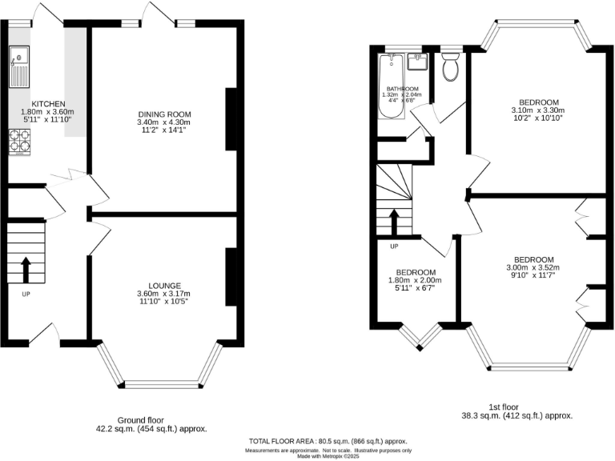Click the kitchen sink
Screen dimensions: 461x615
point(19,66)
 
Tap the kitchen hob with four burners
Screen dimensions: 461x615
point(19,142)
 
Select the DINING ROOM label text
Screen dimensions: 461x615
point(164,114)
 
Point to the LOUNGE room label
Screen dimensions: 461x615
point(164,286)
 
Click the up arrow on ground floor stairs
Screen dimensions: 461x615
point(25,271)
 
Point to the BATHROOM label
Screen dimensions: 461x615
point(402,89)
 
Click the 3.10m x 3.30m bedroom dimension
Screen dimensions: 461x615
point(538,110)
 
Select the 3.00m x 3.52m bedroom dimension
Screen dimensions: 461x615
point(533,268)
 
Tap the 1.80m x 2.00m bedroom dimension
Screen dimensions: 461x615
point(416,280)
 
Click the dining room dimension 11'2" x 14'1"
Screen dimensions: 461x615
point(164,130)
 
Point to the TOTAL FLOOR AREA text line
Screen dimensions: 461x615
point(328,442)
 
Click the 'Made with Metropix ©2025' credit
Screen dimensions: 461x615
point(328,456)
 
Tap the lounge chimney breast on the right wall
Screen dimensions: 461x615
point(231,277)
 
